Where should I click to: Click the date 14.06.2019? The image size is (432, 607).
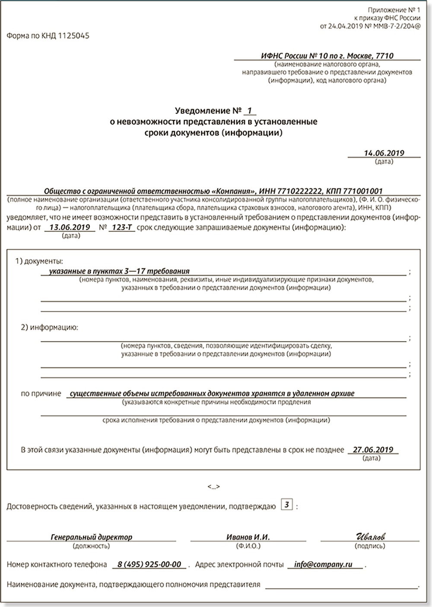point(384,153)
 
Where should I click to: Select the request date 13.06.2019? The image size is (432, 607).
point(70,227)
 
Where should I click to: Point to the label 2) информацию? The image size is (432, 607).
point(50,327)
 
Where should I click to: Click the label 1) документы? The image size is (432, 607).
point(39,261)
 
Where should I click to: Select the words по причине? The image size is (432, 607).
point(41,394)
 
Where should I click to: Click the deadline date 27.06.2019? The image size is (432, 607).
point(373,450)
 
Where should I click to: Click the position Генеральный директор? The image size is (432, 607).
point(92,537)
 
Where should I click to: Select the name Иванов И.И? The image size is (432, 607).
point(248,537)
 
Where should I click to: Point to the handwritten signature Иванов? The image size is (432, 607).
point(370,537)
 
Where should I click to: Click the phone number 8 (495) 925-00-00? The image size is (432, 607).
point(149,565)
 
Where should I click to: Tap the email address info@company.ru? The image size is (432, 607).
point(323,565)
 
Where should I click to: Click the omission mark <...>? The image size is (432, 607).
point(213,487)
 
